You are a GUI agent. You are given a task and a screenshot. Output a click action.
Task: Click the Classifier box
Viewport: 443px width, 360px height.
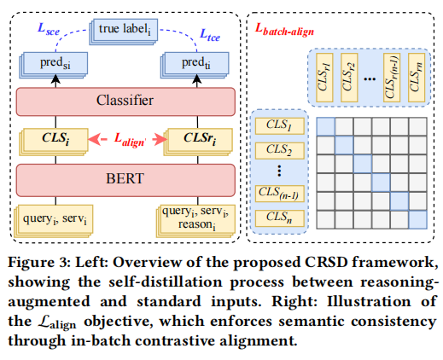(x=125, y=102)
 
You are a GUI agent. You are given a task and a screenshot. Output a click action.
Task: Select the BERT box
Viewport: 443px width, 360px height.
(x=125, y=180)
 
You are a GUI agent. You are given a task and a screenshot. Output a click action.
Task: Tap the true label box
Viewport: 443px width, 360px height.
(x=124, y=32)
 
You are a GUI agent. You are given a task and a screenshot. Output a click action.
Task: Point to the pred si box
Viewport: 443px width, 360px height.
(x=54, y=65)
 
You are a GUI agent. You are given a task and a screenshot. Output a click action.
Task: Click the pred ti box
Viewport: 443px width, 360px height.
(x=195, y=65)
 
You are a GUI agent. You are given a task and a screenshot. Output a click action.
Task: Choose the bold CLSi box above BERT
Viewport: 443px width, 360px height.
(x=54, y=142)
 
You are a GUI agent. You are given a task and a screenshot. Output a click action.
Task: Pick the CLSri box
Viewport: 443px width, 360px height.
(x=198, y=142)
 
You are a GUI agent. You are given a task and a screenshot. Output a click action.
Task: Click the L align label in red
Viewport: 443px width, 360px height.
(x=130, y=140)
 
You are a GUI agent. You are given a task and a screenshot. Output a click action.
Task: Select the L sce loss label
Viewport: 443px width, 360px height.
(x=49, y=29)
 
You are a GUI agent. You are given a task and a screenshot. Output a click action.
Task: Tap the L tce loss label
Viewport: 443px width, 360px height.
(x=210, y=35)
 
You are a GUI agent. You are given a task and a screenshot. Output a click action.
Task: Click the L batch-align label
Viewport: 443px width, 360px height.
(x=284, y=30)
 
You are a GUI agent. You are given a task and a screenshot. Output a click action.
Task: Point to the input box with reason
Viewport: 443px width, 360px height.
(x=195, y=221)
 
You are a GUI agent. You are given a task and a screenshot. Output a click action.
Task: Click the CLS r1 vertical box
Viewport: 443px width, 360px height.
(x=324, y=78)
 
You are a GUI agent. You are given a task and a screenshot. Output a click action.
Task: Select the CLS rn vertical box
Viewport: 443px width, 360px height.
(x=417, y=78)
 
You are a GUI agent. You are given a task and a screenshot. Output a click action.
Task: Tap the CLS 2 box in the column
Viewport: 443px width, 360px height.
(x=280, y=150)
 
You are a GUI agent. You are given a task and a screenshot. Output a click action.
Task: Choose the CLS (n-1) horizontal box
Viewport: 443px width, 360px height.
(x=280, y=194)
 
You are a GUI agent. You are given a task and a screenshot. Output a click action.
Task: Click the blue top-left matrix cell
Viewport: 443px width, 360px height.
(x=326, y=126)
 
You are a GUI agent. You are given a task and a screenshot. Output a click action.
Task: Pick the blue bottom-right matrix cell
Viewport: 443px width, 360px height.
(x=418, y=220)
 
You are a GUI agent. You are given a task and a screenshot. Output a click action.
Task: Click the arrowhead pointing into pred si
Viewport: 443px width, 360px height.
(x=55, y=78)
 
